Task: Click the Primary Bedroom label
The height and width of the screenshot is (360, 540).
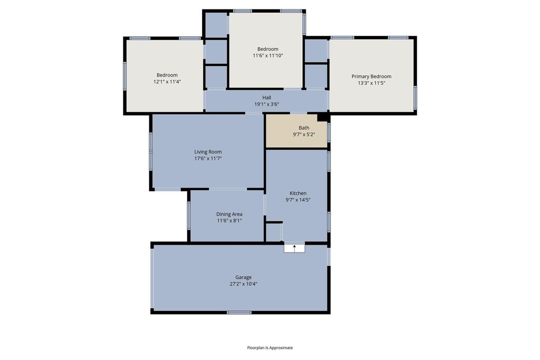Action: [371, 76]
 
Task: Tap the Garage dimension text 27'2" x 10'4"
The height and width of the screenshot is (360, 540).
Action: [244, 284]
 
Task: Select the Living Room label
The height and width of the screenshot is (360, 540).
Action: [208, 152]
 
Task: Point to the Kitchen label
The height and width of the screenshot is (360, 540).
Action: [298, 193]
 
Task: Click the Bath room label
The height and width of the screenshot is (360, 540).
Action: [304, 128]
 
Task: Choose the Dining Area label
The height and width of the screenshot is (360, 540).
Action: [229, 214]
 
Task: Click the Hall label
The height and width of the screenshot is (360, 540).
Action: [266, 98]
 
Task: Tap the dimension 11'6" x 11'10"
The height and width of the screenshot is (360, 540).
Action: [268, 55]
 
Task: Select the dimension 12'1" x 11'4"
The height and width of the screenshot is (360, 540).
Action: [167, 82]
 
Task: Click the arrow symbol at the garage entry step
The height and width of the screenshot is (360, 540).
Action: [294, 248]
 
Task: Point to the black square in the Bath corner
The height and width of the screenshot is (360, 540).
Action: [322, 118]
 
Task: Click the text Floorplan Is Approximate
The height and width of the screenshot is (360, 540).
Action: [270, 347]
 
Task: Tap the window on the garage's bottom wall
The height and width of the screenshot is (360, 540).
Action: [239, 313]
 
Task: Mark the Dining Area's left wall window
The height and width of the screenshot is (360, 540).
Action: [189, 216]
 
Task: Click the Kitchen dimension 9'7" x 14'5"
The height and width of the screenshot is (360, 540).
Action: [298, 200]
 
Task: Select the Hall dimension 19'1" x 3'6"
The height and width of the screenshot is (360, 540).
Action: [266, 104]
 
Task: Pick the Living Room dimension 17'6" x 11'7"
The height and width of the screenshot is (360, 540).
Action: [208, 158]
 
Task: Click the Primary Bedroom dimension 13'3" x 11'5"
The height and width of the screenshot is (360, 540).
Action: [371, 83]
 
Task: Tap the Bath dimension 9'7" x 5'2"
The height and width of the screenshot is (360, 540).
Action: [304, 134]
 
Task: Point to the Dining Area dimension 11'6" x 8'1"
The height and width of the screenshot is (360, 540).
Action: [229, 221]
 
